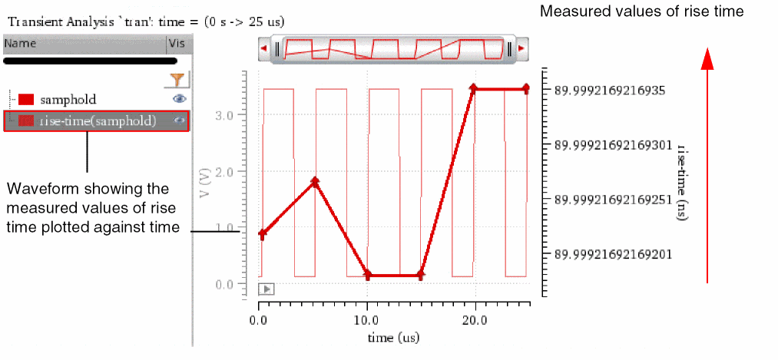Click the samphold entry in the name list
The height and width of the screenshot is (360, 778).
tap(68, 99)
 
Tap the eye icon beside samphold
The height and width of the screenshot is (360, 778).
tap(179, 99)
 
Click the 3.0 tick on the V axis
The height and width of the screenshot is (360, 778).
tap(223, 114)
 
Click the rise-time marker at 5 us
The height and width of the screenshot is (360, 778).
tap(315, 182)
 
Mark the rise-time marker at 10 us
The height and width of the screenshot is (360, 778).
tap(368, 275)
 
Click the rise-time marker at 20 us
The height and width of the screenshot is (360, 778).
tap(474, 89)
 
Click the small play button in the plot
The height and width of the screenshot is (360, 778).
tap(267, 289)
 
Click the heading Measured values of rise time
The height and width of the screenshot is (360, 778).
tap(642, 12)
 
